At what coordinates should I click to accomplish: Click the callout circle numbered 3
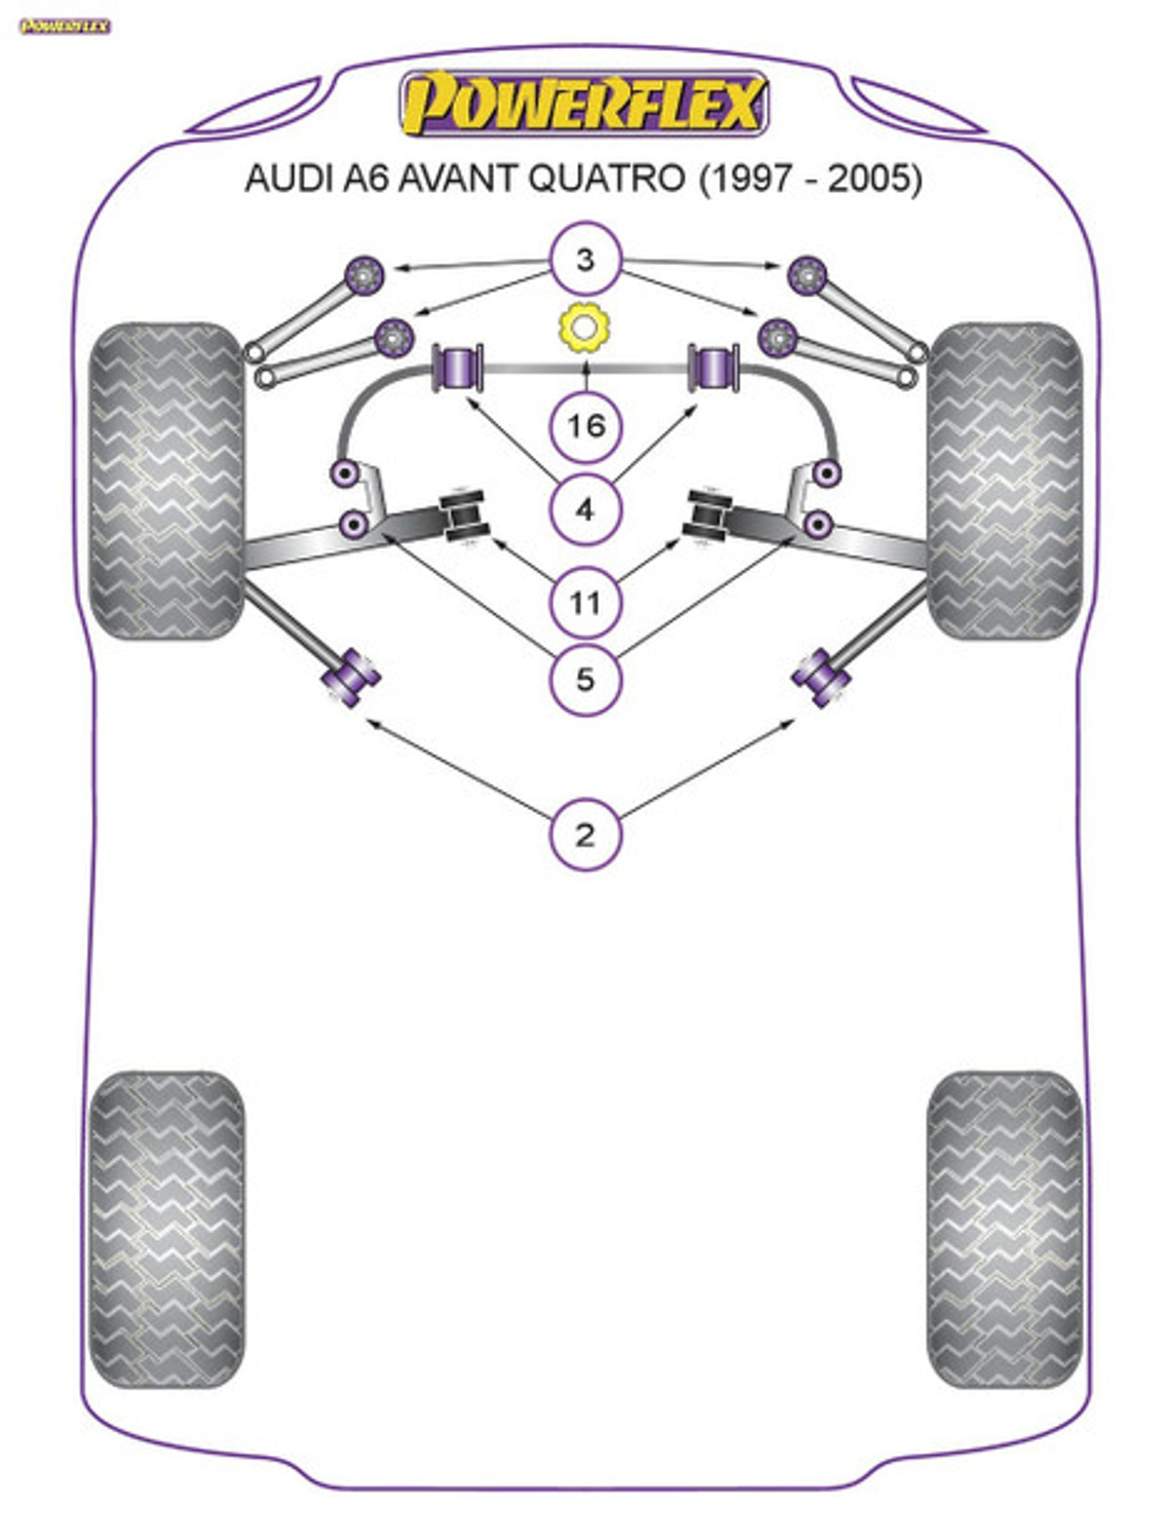tap(585, 258)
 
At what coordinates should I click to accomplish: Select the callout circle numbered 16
tap(585, 425)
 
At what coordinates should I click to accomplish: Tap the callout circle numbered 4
tap(585, 511)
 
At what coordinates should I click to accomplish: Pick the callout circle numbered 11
tap(585, 602)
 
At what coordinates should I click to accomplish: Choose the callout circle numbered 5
tap(585, 679)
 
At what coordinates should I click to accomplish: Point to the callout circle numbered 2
tap(585, 834)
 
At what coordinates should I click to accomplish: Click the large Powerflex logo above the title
tap(584, 103)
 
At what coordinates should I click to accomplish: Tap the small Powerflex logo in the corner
tap(64, 26)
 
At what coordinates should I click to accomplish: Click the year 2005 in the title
tap(869, 179)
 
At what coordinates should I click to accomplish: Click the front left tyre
tap(167, 481)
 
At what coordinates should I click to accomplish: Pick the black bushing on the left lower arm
tap(463, 517)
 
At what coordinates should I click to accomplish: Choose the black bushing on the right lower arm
tap(707, 517)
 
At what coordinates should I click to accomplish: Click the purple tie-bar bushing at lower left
tap(351, 679)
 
